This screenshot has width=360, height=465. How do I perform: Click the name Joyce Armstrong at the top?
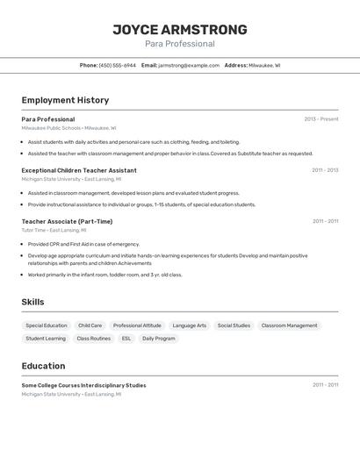coord(179,30)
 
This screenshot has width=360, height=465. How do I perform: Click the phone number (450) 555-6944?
coord(117,65)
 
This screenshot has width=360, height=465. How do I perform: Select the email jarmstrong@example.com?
coord(189,65)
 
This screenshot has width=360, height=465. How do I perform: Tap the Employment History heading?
coord(65,100)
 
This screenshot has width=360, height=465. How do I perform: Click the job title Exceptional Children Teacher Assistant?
coord(79,170)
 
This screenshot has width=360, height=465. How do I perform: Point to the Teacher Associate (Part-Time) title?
coord(67,221)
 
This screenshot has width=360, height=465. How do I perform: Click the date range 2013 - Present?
coord(320,119)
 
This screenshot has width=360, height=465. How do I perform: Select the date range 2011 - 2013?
coord(325,170)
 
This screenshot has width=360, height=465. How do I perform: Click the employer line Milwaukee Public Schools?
coord(68,128)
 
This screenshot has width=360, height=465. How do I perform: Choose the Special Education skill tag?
coord(46,325)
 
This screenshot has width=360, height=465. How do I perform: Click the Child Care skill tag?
coord(90,325)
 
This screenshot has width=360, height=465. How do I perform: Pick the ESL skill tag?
coord(126,338)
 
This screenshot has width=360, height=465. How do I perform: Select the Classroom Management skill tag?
coord(289,325)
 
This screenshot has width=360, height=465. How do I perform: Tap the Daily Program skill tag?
coord(158,338)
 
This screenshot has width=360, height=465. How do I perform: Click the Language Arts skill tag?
coord(189,325)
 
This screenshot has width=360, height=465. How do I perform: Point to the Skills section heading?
coord(32,302)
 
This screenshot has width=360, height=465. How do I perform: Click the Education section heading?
coord(43,366)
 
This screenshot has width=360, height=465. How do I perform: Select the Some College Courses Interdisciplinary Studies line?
coord(83,385)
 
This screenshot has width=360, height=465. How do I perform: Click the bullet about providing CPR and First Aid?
coord(83,244)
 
